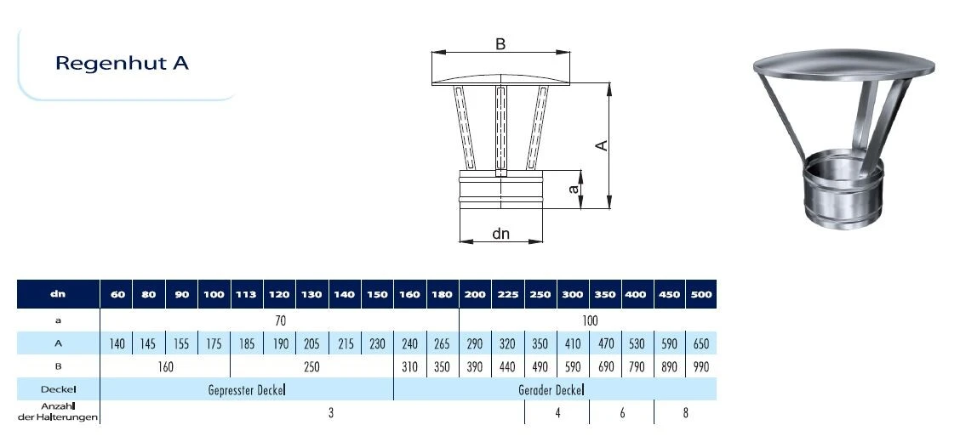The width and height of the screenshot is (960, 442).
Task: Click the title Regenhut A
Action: (x=122, y=63)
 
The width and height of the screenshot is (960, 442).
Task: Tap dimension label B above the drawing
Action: (x=500, y=45)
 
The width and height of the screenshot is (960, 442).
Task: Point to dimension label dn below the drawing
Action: (x=500, y=234)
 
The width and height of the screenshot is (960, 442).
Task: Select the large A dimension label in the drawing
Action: (x=603, y=144)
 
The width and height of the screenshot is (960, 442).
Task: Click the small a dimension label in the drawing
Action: (x=574, y=189)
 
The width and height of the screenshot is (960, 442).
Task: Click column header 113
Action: (x=246, y=294)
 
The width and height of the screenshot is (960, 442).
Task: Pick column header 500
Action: (x=701, y=294)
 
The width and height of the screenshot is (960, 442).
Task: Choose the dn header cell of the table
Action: (x=58, y=294)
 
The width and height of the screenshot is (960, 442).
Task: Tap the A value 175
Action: (x=214, y=343)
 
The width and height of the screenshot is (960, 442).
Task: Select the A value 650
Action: (x=701, y=343)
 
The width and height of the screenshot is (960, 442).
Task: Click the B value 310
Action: (x=409, y=367)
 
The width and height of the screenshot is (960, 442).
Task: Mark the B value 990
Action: (x=701, y=367)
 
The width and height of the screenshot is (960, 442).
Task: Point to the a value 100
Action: (x=590, y=320)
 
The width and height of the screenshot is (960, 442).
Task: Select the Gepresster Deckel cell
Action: (x=247, y=390)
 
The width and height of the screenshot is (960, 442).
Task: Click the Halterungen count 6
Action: (x=622, y=412)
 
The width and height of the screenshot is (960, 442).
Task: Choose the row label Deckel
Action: (x=58, y=389)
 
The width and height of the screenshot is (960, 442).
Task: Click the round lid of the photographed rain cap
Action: (x=843, y=65)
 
